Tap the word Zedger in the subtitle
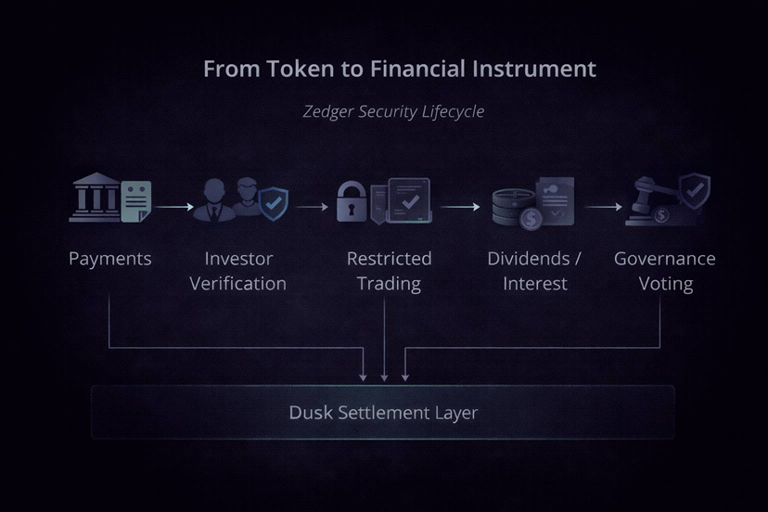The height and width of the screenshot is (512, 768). (x=328, y=111)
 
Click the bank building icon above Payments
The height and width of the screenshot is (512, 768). (x=96, y=198)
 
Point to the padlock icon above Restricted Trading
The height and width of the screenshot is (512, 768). (x=352, y=201)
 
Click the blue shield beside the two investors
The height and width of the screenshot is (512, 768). (x=274, y=204)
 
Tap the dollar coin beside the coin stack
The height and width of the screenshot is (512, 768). (x=531, y=218)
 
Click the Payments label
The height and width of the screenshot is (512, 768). (x=110, y=259)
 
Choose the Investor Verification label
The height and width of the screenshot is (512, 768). (x=238, y=271)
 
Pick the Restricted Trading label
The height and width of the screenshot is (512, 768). (x=389, y=271)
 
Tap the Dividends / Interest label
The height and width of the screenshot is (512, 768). (x=534, y=271)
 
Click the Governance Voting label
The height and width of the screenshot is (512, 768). (x=665, y=271)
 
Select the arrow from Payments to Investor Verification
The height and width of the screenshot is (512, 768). (x=175, y=207)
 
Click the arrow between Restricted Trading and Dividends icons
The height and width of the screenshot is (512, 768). (x=460, y=207)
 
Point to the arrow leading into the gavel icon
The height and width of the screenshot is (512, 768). (x=604, y=207)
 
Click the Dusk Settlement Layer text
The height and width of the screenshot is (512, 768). (x=383, y=413)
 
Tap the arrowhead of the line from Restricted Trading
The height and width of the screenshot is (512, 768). (x=384, y=378)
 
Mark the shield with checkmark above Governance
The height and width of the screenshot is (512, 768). (x=695, y=190)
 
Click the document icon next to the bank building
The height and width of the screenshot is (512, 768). (x=136, y=201)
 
